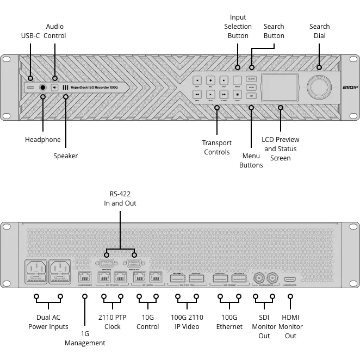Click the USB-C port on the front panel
tap(31, 87)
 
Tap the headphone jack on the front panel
tap(42, 87)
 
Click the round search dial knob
tap(320, 87)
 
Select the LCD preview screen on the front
tap(280, 88)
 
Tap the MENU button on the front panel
tap(251, 87)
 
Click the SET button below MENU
tap(251, 96)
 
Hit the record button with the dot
tap(210, 80)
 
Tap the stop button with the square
tap(237, 94)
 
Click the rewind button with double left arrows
tap(197, 94)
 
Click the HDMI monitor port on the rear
tap(290, 279)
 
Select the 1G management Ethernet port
tap(85, 277)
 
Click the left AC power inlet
tap(36, 271)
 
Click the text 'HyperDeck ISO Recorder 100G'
tap(94, 88)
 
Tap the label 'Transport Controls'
tap(217, 147)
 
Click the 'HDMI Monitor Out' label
tap(290, 326)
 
